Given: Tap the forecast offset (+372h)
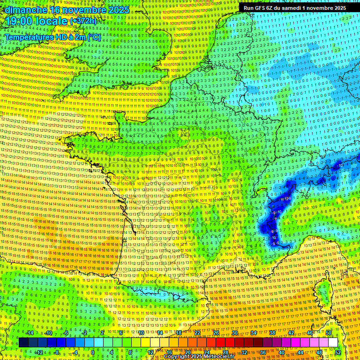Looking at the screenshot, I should (x=83, y=21).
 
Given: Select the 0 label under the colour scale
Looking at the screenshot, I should (x=93, y=352).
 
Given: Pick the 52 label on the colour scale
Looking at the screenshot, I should (x=338, y=352).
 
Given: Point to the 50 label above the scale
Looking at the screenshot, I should (x=329, y=333).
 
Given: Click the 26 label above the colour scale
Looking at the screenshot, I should (x=216, y=333).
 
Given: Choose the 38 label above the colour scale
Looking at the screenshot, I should (x=272, y=333).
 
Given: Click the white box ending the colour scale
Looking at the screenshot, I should (x=333, y=343).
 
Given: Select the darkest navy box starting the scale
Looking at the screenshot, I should (x=23, y=343).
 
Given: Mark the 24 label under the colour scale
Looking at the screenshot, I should (x=207, y=352).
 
